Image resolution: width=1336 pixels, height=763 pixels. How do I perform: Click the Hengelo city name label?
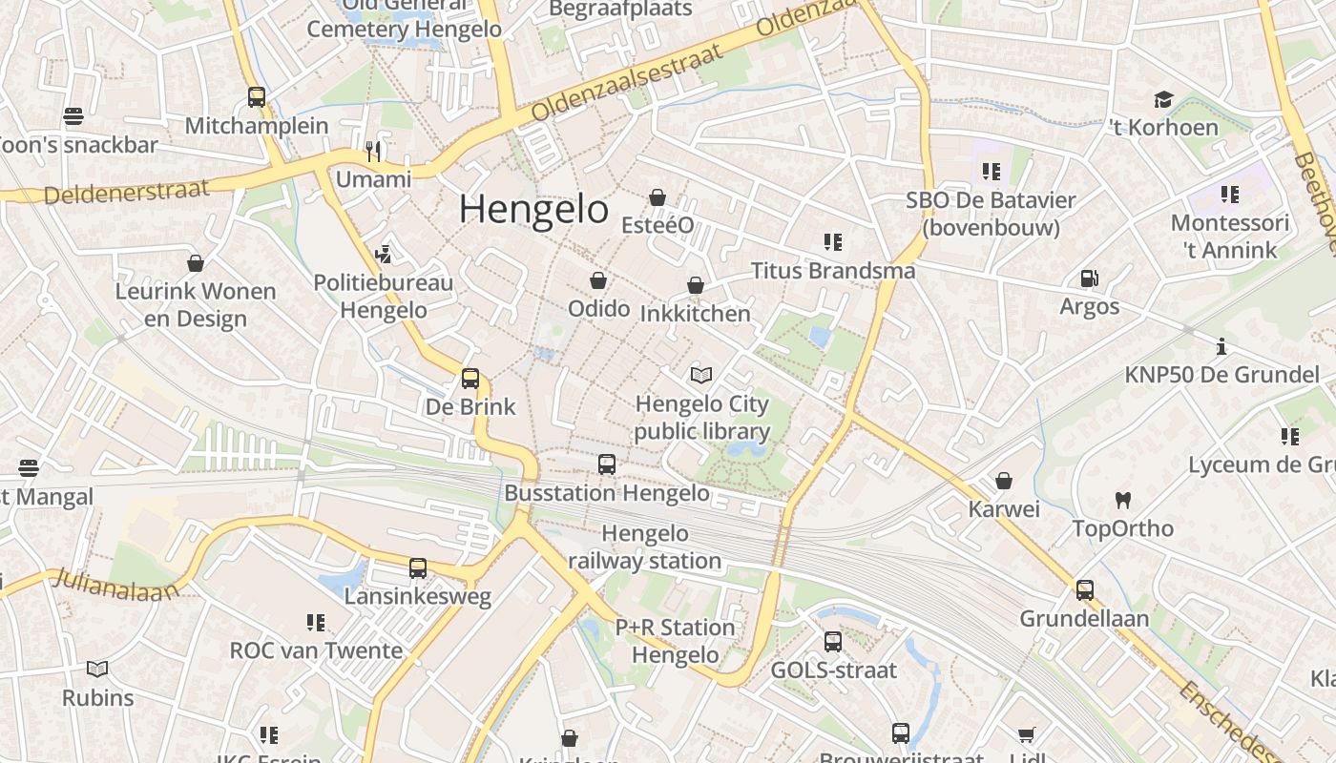(533, 210)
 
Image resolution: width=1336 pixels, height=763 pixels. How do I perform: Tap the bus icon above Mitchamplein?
(256, 96)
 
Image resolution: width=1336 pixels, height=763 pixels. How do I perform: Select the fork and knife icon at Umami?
(373, 151)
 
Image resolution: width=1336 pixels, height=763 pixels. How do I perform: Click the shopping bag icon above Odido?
(598, 280)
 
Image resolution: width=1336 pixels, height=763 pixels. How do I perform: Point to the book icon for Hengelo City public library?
(701, 376)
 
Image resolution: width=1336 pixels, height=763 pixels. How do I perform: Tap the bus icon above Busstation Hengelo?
(607, 464)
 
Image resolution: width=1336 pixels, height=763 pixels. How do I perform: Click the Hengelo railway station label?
(645, 547)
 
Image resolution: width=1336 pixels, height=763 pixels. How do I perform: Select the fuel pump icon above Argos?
(1089, 278)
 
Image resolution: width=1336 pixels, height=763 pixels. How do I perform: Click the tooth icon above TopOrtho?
(1122, 500)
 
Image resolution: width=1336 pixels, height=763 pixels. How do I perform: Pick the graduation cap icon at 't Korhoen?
(1162, 99)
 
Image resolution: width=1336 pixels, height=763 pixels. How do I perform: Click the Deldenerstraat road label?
(126, 191)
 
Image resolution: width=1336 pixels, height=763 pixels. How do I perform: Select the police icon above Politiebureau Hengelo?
(384, 254)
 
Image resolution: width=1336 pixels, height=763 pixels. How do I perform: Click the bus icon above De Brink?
(470, 378)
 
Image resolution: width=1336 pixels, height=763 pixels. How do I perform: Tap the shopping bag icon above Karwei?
(1003, 481)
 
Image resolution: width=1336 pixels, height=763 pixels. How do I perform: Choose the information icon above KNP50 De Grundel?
(1221, 346)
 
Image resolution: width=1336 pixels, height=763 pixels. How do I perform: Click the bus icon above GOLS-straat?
(833, 641)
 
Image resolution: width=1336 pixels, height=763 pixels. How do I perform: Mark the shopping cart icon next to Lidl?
(1026, 734)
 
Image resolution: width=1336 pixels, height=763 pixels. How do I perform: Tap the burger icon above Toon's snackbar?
(73, 116)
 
